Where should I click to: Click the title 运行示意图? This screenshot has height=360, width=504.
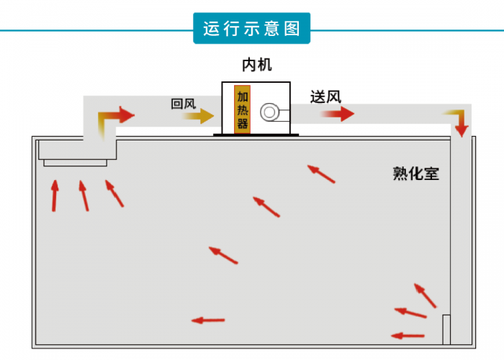point(251,29)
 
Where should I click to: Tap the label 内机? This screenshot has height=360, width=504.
point(258,66)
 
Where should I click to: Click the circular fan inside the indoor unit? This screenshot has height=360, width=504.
point(271,112)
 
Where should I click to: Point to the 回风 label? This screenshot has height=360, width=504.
point(183,104)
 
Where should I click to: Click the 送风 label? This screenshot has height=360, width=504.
point(325,96)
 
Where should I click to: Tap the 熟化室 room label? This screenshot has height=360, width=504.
point(415,174)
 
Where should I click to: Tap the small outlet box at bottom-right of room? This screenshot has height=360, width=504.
point(446,329)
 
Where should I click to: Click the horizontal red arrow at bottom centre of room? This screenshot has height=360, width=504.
point(208,320)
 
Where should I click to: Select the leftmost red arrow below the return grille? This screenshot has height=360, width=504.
point(55,196)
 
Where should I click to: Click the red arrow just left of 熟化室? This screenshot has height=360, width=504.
point(321,174)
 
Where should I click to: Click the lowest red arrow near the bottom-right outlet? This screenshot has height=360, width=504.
point(408,335)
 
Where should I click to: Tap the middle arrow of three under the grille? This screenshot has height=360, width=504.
point(84,195)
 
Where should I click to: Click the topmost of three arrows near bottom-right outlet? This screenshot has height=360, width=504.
point(425,295)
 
